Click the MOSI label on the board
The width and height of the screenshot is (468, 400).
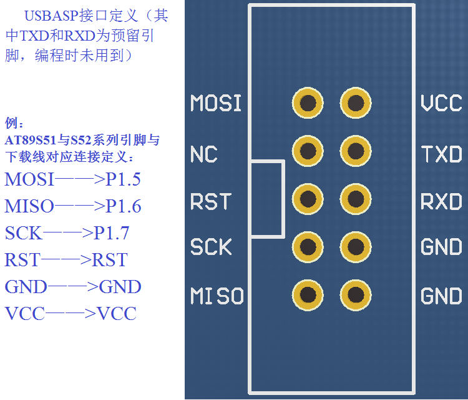215,103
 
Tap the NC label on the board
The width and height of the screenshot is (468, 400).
203,154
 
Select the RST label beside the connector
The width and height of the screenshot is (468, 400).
210,201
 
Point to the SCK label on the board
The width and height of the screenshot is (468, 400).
211,247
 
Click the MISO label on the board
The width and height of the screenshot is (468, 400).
217,296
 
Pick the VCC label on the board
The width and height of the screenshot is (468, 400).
441,103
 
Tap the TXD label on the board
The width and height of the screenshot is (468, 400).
441,154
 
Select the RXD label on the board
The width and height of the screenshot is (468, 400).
441,201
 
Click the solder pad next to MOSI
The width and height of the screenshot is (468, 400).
308,103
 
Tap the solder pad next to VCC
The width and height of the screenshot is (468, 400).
356,103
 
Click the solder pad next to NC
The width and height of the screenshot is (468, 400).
308,151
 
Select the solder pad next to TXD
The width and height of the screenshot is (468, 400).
356,151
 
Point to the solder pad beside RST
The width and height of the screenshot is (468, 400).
308,199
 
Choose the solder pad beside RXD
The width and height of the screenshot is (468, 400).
356,199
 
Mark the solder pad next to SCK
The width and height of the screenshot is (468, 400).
308,247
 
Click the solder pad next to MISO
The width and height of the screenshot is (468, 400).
308,295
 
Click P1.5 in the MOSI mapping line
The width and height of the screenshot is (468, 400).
123,180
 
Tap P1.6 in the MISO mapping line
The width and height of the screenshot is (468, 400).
124,206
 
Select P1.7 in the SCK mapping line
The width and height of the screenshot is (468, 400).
112,233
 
